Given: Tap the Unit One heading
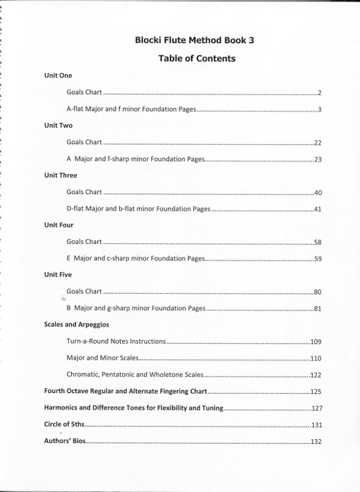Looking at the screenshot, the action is click(58, 76).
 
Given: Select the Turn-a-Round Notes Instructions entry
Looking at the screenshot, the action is click(116, 341).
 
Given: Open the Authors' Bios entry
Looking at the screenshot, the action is click(65, 441).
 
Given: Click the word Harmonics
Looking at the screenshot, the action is click(63, 408).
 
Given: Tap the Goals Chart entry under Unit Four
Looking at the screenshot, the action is click(84, 242).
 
